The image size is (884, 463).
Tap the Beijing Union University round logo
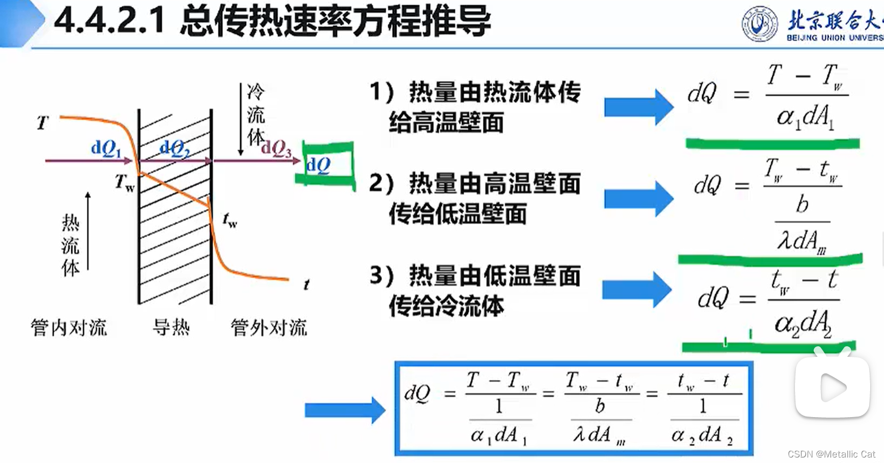point(760,24)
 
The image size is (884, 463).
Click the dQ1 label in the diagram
point(106,148)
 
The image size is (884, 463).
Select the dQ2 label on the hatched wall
point(174,148)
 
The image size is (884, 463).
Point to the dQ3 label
point(277,148)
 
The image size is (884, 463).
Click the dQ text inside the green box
point(319,165)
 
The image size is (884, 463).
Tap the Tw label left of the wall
point(124,182)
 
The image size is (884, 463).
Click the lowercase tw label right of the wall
point(230,220)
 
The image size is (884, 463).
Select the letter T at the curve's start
point(43,123)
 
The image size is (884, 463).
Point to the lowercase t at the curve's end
point(306,285)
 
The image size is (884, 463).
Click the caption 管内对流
point(69,327)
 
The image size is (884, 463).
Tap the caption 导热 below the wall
point(171,327)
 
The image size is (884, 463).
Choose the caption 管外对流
point(268,327)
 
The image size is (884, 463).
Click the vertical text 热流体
point(70,245)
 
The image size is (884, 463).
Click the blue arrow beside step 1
point(638,107)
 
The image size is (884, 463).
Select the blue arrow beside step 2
point(638,198)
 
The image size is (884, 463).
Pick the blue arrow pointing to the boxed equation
point(345,410)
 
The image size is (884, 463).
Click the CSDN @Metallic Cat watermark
point(831,454)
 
